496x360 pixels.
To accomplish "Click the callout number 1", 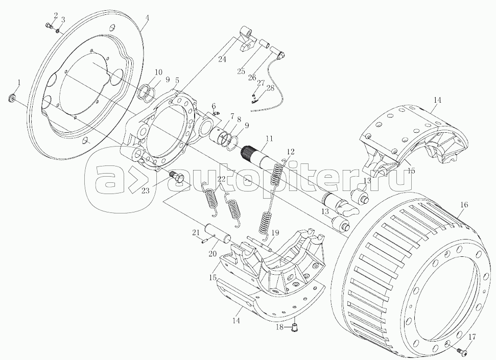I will [x=19, y=82].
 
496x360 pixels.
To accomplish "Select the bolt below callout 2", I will [x=49, y=26].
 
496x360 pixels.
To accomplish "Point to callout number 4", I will [x=147, y=18].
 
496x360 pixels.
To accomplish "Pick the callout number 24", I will [x=221, y=59].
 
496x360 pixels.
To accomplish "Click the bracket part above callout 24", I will [x=246, y=40].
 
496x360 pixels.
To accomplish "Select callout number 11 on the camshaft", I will [x=269, y=138].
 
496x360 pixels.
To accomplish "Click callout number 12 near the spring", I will [x=290, y=151].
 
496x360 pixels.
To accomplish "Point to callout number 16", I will [x=463, y=205].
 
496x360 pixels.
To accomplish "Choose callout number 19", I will [x=275, y=232].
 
